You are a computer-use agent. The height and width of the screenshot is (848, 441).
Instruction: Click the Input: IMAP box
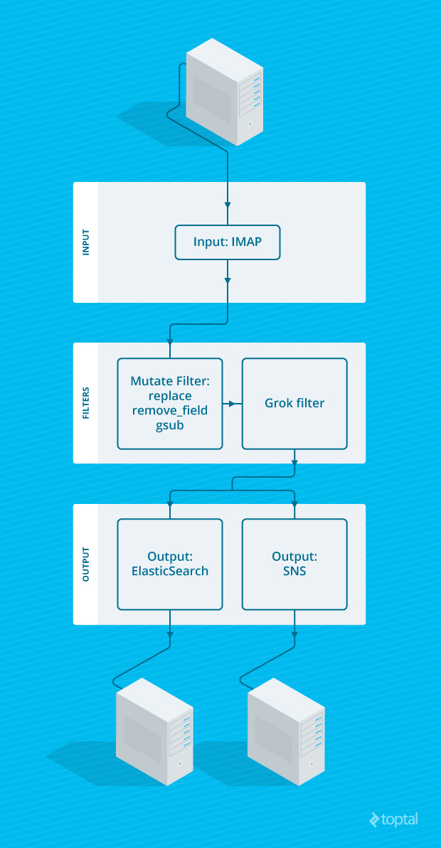tap(227, 242)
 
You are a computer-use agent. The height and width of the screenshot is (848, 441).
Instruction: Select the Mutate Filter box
tap(170, 403)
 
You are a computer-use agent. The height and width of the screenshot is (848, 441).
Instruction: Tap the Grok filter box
tap(294, 403)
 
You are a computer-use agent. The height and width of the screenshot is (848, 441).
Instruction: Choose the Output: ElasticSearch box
tap(170, 564)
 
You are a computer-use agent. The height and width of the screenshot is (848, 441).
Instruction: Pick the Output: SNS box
tap(294, 564)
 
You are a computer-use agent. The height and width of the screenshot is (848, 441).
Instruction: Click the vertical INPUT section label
tap(86, 242)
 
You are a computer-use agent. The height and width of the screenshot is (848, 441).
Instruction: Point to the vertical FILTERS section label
tap(86, 403)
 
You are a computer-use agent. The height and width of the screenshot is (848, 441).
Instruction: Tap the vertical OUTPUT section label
tap(86, 564)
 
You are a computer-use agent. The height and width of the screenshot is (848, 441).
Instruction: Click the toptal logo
tap(393, 820)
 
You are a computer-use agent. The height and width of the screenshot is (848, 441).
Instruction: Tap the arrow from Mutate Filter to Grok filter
tap(230, 404)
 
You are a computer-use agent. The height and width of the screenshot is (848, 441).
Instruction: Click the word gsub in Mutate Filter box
tap(170, 425)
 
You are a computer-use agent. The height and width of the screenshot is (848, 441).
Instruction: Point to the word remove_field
tap(170, 410)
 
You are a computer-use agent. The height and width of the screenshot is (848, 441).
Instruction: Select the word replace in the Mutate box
tap(170, 396)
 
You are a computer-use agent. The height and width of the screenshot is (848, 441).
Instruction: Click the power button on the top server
tap(250, 124)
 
